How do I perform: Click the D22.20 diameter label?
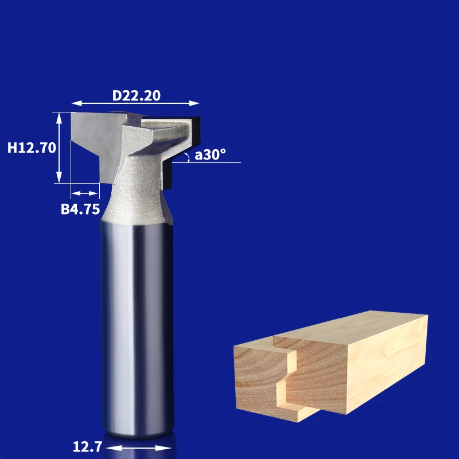click(137, 96)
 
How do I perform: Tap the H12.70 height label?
click(32, 148)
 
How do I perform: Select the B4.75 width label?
click(80, 209)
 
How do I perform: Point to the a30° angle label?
click(210, 154)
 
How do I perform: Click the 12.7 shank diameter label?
click(87, 447)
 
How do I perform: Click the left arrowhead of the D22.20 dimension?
click(77, 103)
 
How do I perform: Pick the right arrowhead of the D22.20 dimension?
click(194, 103)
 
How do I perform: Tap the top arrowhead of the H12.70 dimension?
click(59, 118)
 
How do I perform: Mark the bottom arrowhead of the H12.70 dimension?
click(59, 177)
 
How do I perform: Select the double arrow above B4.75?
click(84, 193)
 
